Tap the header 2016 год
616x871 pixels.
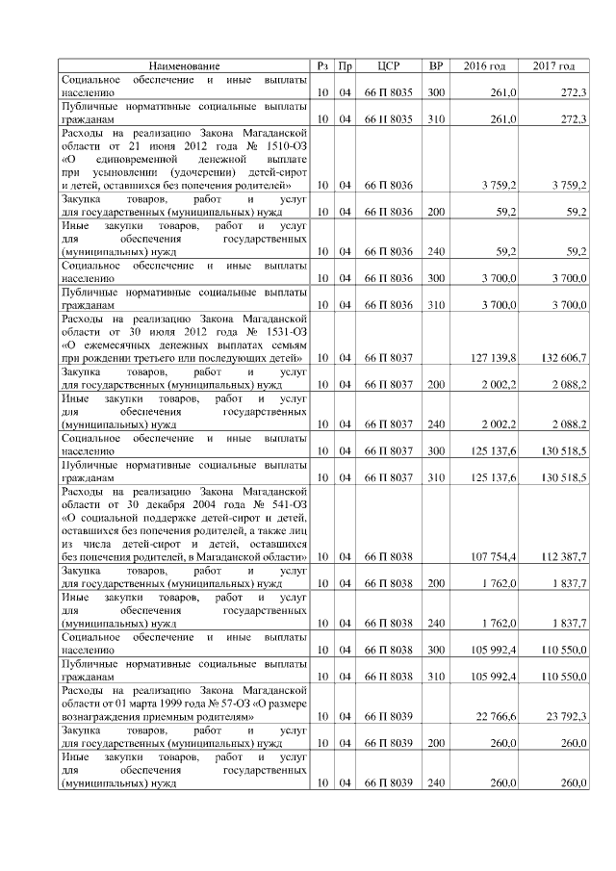coord(484,65)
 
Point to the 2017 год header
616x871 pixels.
coord(553,65)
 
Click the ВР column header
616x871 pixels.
coord(436,65)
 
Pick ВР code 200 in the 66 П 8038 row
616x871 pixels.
coord(436,583)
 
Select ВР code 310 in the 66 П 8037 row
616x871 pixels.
coord(436,477)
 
